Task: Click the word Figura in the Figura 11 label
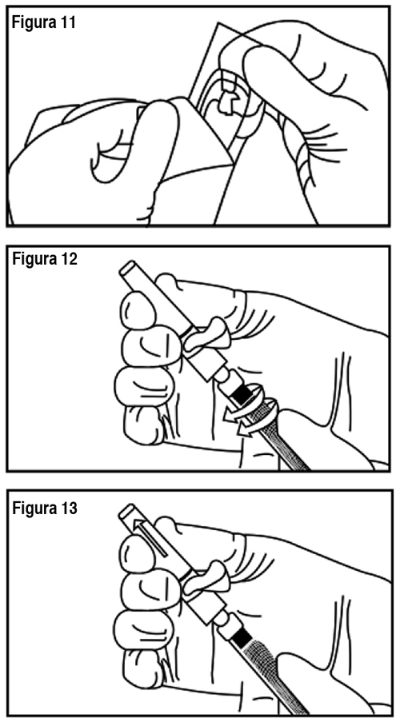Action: pyautogui.click(x=32, y=22)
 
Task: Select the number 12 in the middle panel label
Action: pyautogui.click(x=67, y=260)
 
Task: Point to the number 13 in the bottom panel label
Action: pyautogui.click(x=67, y=509)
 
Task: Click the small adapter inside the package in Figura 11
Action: pyautogui.click(x=228, y=102)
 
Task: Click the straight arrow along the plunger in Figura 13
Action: pyautogui.click(x=151, y=539)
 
